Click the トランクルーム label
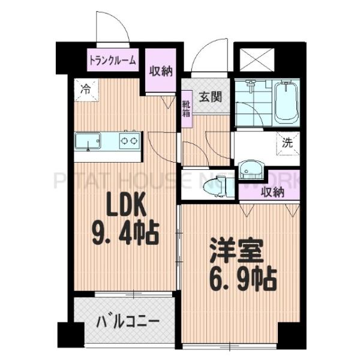click(x=113, y=60)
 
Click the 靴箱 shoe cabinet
click(x=187, y=109)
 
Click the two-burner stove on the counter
click(x=128, y=142)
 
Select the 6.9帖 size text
click(x=238, y=278)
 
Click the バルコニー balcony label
click(x=128, y=321)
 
